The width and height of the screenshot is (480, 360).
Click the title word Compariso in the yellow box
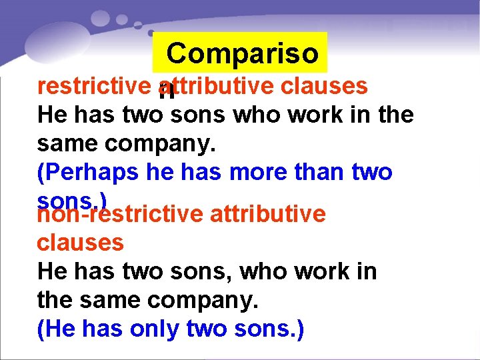[x=243, y=53]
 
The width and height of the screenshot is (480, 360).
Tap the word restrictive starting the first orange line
[x=93, y=86]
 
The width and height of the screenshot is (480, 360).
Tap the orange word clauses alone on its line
[x=80, y=243]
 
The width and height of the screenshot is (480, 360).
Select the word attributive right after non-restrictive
[x=267, y=214]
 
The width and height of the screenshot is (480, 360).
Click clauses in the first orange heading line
[x=324, y=86]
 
